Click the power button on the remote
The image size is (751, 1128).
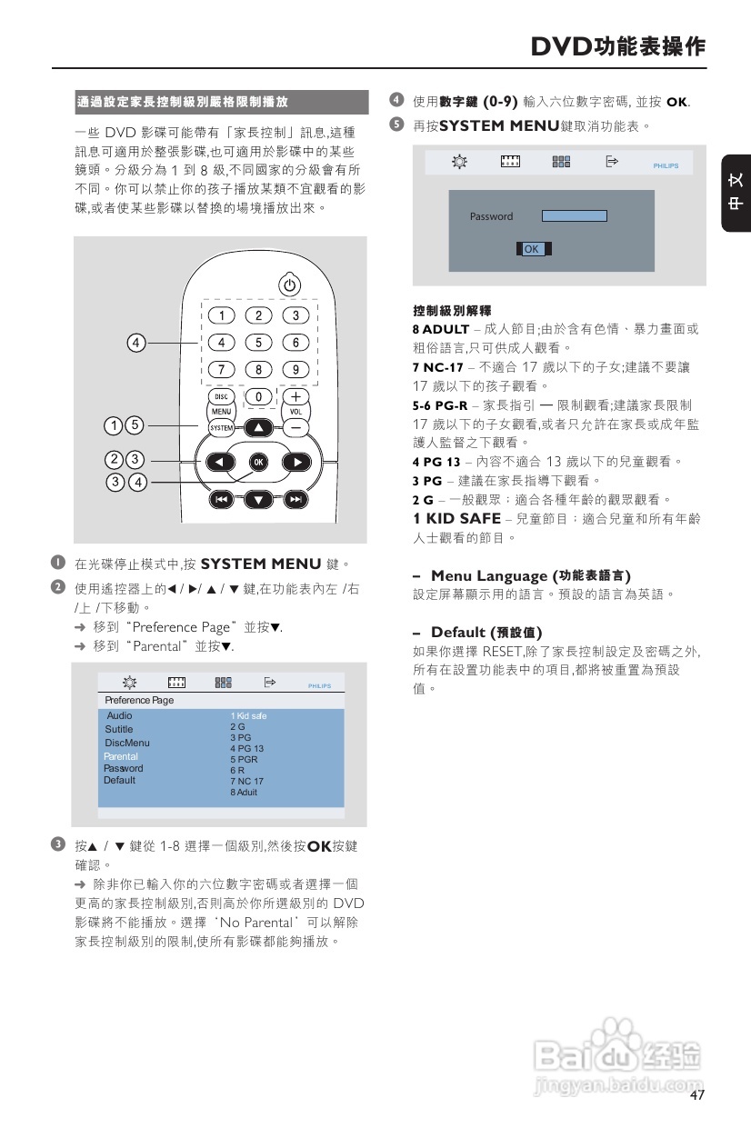[289, 284]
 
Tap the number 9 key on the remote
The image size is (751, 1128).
[295, 369]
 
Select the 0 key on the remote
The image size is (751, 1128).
[259, 397]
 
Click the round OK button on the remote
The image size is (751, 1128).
[258, 462]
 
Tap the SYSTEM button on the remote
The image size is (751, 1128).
[222, 426]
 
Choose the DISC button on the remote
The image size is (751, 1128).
[222, 396]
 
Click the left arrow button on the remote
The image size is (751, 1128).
[219, 462]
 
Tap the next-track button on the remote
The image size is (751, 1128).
[295, 499]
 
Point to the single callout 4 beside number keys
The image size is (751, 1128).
[135, 343]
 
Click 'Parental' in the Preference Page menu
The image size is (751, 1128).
[121, 756]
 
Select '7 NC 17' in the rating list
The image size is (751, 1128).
[246, 781]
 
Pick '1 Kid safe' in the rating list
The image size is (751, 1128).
[248, 716]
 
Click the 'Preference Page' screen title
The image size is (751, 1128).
[139, 701]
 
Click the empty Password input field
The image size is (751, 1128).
[574, 215]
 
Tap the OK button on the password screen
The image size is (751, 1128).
[532, 249]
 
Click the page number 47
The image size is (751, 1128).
[697, 1095]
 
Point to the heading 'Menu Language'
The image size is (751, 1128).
[530, 575]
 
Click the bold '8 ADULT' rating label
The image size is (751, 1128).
[441, 329]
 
